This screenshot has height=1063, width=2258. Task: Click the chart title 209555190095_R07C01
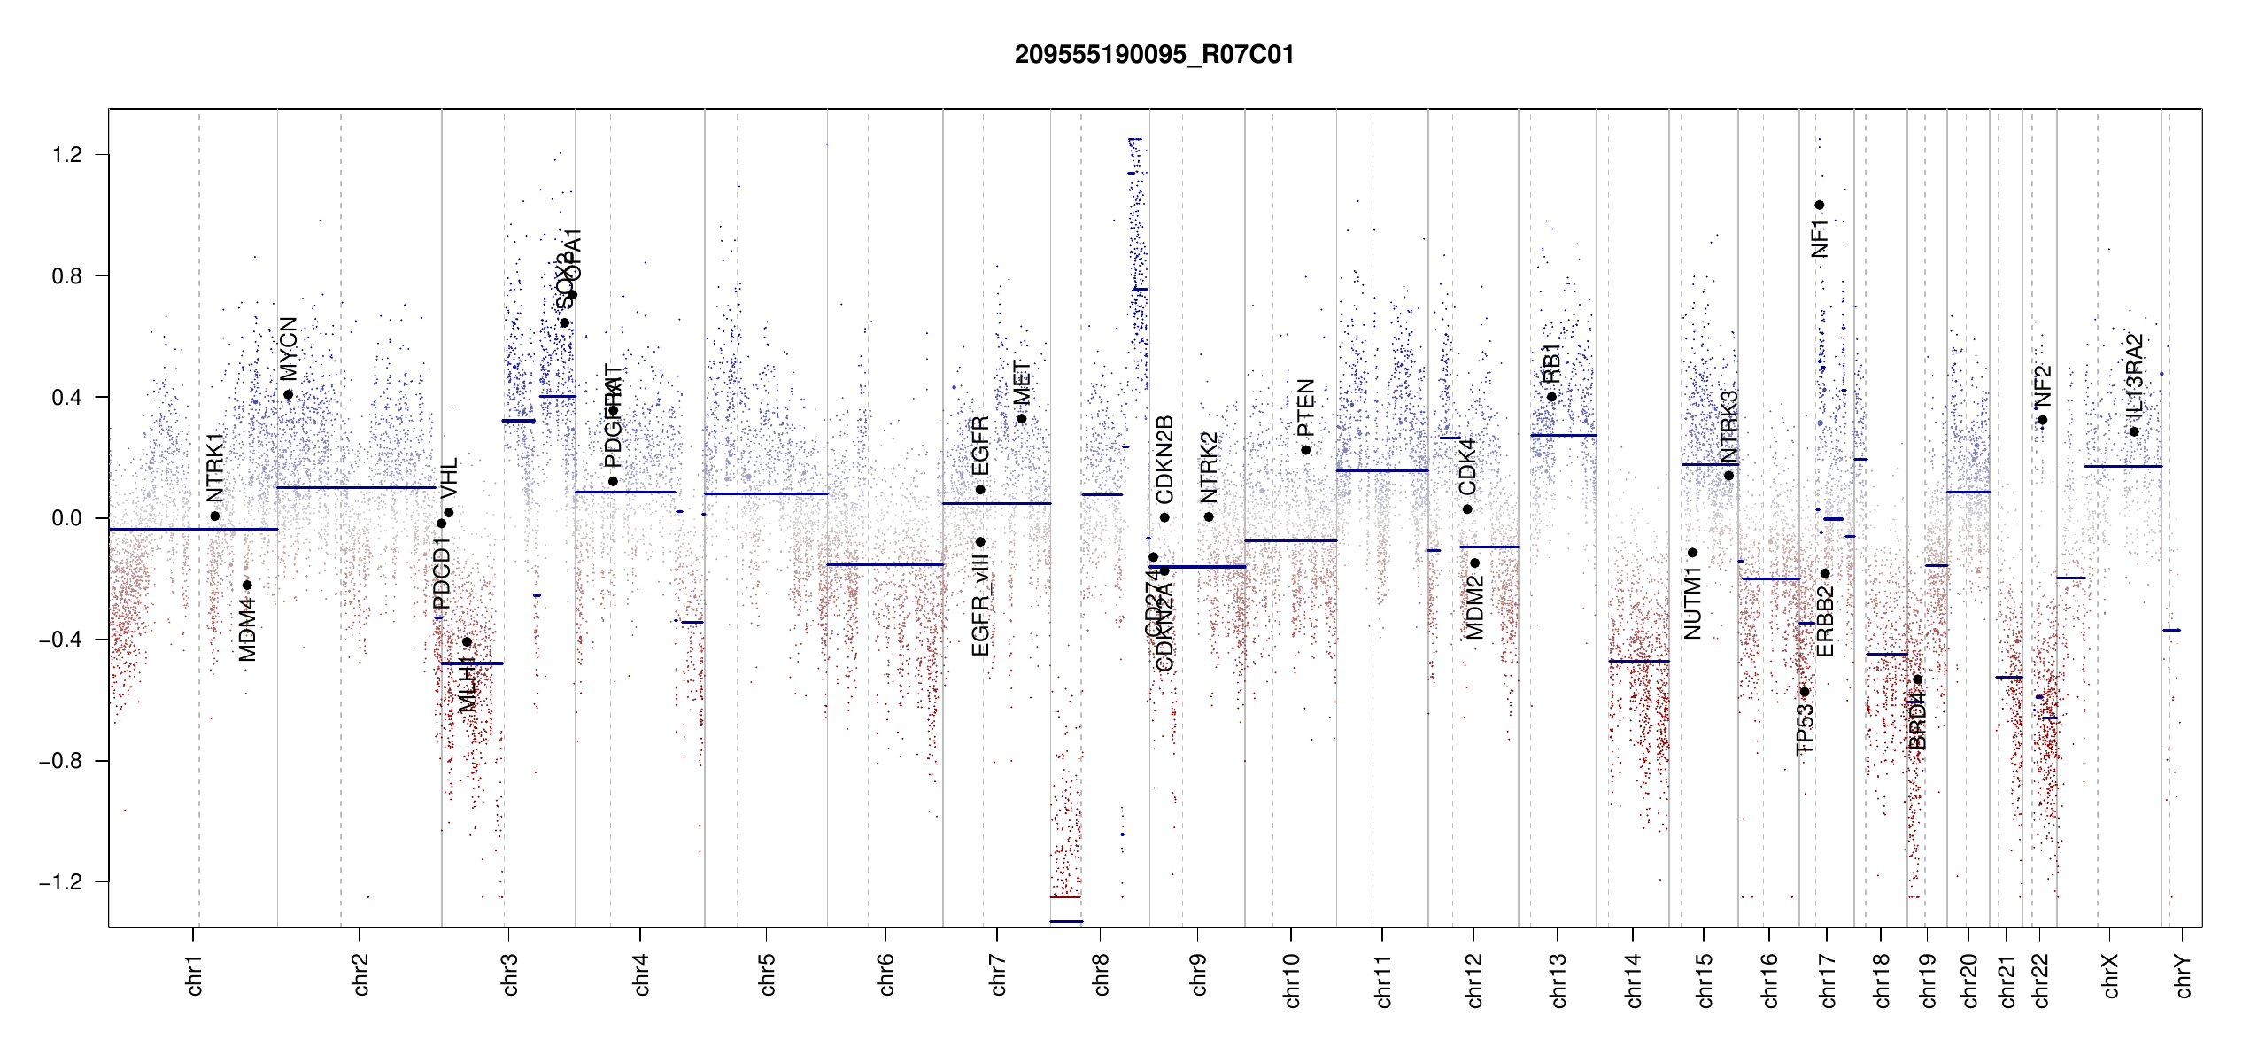[1154, 55]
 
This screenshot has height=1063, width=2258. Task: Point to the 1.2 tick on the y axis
[66, 155]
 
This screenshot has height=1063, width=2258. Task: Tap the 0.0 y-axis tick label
[66, 518]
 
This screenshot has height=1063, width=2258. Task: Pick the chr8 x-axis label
[1101, 974]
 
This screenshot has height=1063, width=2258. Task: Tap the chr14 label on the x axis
[1634, 980]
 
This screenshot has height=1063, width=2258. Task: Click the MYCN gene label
[289, 348]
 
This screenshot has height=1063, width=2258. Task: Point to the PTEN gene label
[1305, 407]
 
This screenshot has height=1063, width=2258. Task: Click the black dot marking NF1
[1820, 206]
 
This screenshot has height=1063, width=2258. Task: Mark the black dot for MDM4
[247, 585]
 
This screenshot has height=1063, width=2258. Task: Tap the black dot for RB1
[1551, 397]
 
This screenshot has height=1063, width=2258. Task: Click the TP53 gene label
[1805, 729]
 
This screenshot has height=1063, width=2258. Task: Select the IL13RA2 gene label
[2134, 376]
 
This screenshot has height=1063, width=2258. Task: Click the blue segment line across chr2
[356, 487]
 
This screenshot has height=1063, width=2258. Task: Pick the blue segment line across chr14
[1639, 661]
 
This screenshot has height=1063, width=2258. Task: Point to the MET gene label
[1022, 384]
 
